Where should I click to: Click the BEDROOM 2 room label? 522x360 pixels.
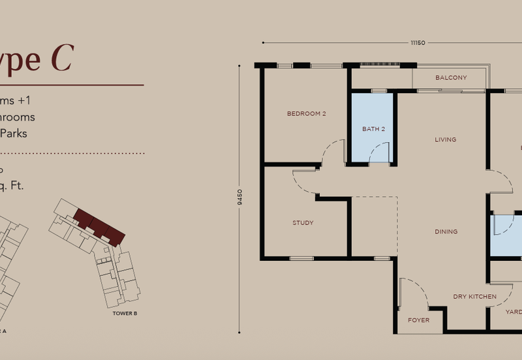tap(306, 113)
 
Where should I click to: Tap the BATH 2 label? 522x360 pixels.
tap(373, 129)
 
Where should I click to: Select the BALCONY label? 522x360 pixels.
tap(451, 78)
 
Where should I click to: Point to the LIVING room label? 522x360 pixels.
tap(446, 140)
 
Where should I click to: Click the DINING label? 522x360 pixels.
tap(446, 232)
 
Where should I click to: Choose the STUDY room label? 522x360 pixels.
tap(303, 223)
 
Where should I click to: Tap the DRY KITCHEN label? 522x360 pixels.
tap(474, 297)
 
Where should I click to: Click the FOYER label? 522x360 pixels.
tap(419, 320)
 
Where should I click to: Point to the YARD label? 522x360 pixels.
tap(514, 312)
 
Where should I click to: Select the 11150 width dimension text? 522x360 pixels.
tap(418, 43)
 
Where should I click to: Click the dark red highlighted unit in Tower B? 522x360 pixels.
tap(98, 226)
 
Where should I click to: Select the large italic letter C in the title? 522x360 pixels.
tap(61, 59)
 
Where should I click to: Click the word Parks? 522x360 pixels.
tap(17, 133)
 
